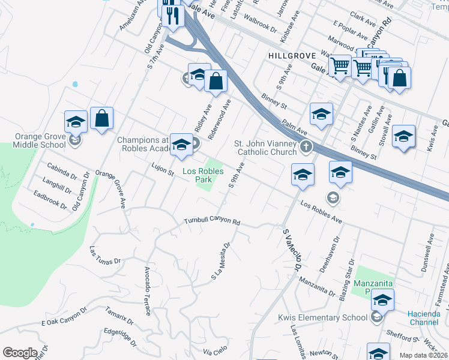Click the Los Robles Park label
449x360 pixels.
click(203, 175)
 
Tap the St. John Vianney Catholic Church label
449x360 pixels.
click(265, 148)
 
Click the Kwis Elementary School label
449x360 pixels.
click(322, 317)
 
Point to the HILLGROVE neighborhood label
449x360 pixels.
click(292, 55)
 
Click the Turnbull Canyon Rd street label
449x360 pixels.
click(212, 221)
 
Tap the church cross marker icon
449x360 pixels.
click(306, 146)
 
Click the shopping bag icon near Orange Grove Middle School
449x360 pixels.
click(102, 119)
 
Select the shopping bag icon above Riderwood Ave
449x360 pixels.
click(216, 80)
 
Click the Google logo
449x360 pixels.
click(20, 353)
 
